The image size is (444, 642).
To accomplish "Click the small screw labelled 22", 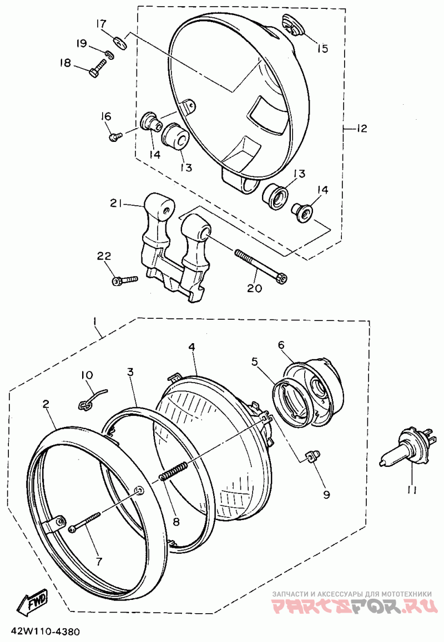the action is (124, 281).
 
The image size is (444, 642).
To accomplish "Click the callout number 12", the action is (361, 129).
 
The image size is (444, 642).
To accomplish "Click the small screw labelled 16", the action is (115, 136).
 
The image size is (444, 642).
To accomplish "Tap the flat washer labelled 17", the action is (120, 42).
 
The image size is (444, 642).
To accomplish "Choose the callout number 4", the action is (191, 347).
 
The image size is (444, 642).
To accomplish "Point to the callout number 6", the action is (281, 345).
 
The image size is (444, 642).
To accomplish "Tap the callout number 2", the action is (46, 404).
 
